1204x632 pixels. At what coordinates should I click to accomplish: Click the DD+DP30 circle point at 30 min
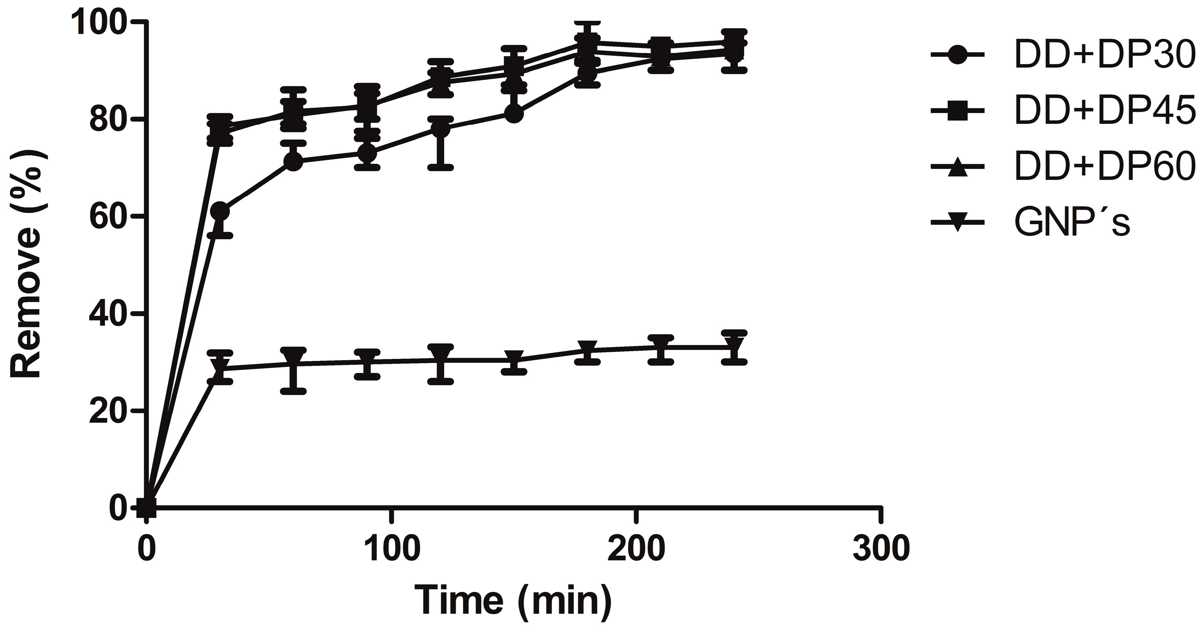click(x=220, y=212)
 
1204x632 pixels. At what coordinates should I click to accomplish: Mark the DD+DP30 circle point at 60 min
click(x=293, y=161)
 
